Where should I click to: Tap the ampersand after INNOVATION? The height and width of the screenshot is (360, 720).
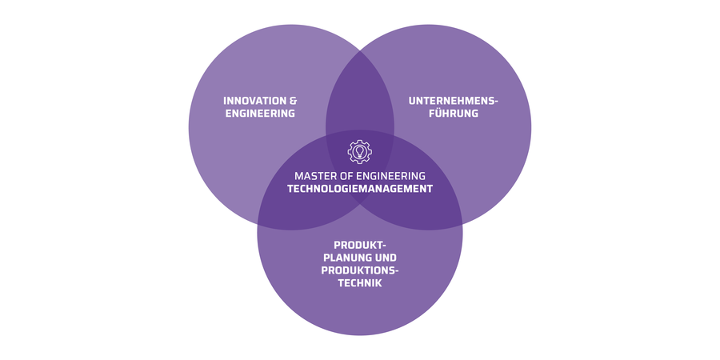point(293,101)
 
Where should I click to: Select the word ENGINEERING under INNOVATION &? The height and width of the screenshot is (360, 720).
point(260,114)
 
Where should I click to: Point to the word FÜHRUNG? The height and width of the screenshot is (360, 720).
point(453,114)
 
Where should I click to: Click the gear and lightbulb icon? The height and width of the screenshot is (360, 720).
point(360,151)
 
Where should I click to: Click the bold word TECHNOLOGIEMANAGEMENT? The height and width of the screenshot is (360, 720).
point(360,189)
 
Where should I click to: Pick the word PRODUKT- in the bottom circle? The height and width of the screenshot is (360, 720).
point(360,244)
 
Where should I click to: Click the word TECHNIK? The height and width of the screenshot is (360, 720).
point(360,282)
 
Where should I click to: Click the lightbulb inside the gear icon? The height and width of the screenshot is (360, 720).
point(360,150)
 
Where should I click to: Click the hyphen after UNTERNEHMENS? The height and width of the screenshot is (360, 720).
point(496,102)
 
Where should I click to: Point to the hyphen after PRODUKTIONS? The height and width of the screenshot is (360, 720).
point(397,270)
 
